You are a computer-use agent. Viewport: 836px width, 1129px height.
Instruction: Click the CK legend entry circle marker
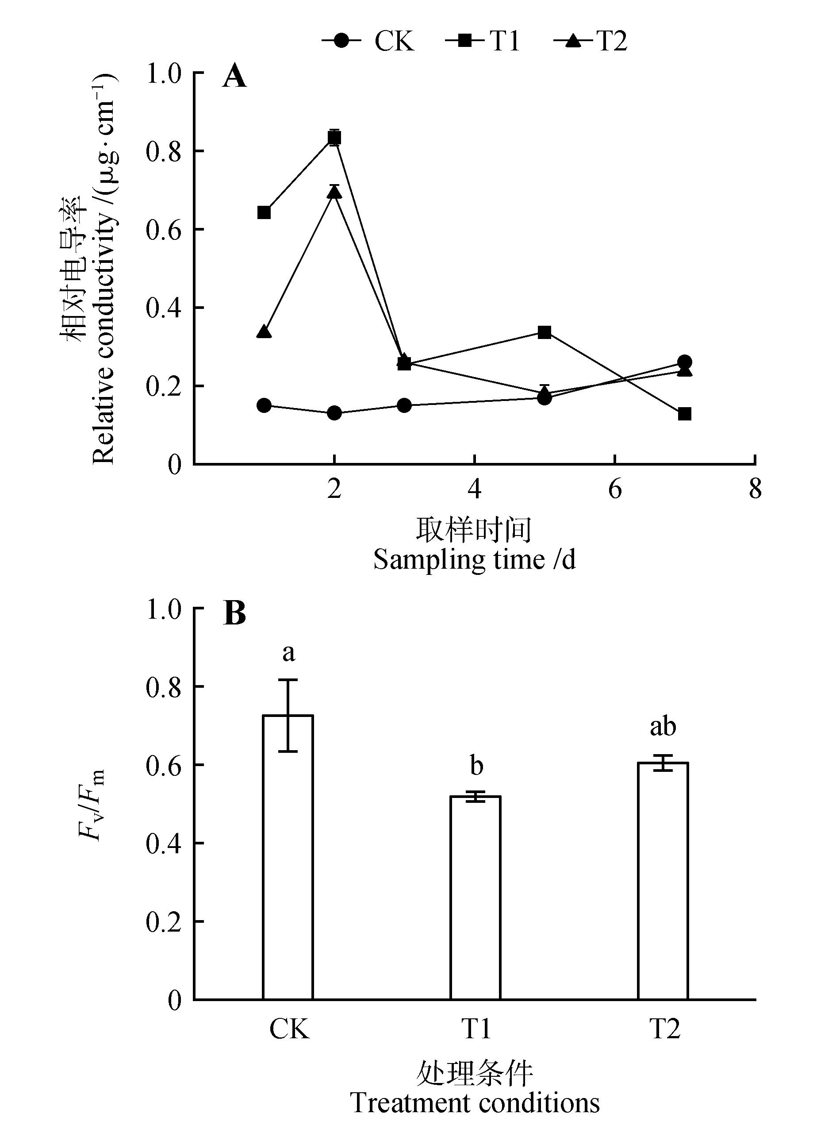tap(341, 41)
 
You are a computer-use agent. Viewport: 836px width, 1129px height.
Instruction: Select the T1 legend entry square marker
tap(464, 41)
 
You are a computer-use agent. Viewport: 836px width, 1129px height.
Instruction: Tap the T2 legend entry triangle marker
tap(573, 41)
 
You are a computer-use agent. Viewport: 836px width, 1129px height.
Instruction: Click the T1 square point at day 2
tap(334, 138)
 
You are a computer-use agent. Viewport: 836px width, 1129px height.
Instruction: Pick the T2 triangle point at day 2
tap(334, 193)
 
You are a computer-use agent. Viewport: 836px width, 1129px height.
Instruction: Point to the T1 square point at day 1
tap(264, 212)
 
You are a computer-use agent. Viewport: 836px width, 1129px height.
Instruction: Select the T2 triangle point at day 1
tap(264, 332)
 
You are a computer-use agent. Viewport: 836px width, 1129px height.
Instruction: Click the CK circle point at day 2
tap(334, 413)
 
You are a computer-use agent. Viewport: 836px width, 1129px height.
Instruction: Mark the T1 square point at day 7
tap(685, 414)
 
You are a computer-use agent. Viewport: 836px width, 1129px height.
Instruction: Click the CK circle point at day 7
tap(685, 362)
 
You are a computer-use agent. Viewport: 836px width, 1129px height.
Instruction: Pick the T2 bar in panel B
tap(663, 880)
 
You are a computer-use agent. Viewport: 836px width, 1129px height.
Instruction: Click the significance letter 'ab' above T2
tap(663, 727)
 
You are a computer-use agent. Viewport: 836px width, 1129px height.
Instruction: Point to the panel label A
tap(234, 77)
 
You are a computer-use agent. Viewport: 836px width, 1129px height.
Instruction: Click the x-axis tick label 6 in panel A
tap(615, 489)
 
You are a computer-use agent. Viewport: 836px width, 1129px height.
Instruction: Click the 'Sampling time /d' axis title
tap(474, 559)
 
